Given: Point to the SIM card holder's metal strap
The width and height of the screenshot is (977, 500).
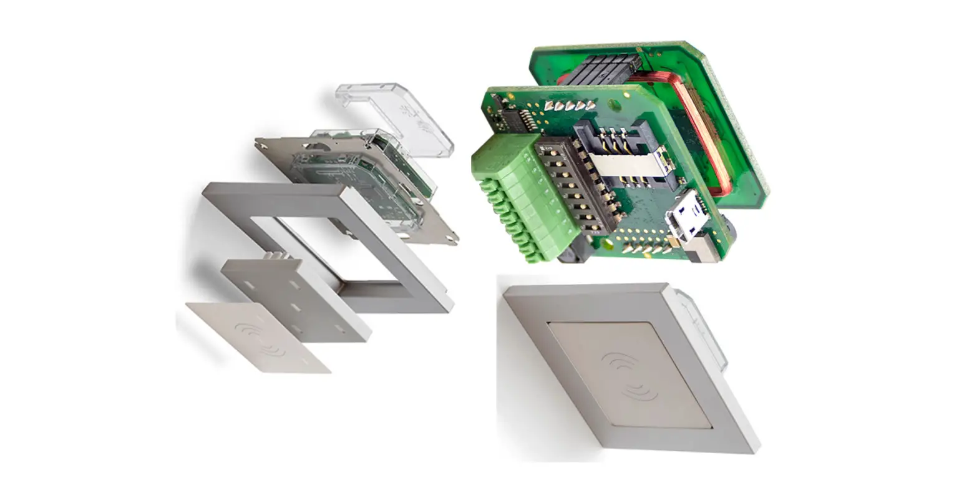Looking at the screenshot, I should point(624,166).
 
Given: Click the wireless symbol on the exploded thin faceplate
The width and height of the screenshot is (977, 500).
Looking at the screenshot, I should point(260,337).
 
